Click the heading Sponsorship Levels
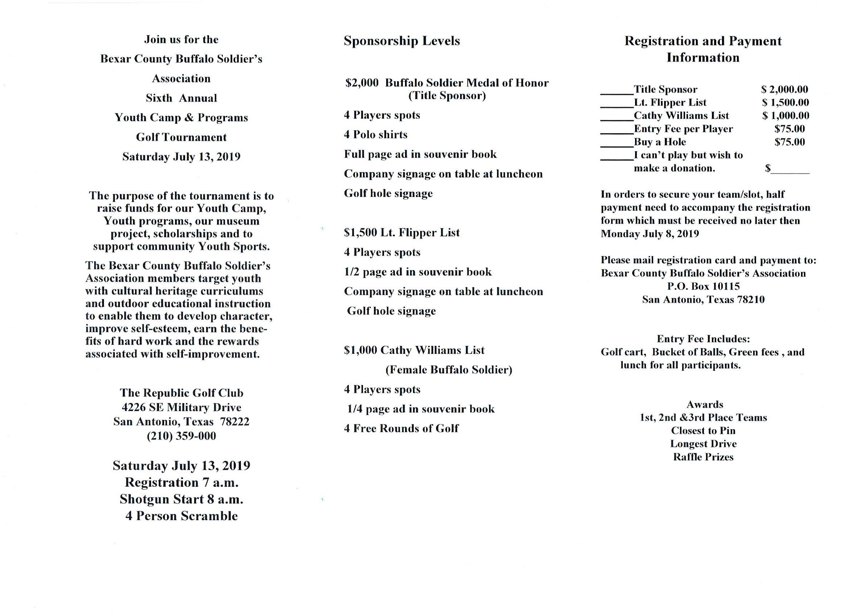(401, 41)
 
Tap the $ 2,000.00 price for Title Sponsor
(784, 89)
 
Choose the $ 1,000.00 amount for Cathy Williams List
(785, 116)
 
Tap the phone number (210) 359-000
(181, 436)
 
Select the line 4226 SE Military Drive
(181, 407)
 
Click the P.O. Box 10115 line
(703, 286)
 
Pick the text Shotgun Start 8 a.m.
(181, 499)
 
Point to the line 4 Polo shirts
(375, 134)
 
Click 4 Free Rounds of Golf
(401, 428)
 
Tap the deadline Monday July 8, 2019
(650, 234)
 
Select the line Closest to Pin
(703, 431)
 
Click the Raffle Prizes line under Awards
(703, 457)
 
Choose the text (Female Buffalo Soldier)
(448, 370)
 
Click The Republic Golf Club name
(181, 393)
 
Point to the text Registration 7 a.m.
(181, 482)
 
